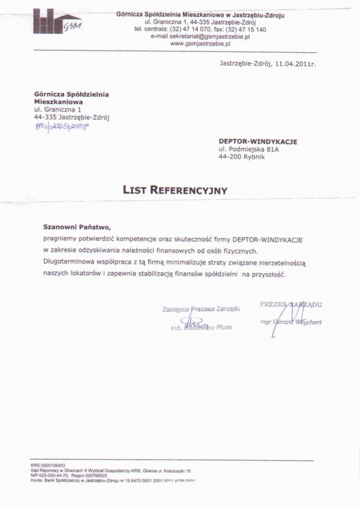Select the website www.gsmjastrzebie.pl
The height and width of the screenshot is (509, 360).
[200, 44]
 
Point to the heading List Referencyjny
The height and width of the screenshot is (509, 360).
[175, 190]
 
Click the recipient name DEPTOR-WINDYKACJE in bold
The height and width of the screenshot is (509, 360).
[258, 141]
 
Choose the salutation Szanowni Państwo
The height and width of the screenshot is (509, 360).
[76, 227]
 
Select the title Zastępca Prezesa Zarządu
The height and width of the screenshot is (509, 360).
[201, 309]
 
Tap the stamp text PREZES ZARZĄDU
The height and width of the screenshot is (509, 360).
[291, 304]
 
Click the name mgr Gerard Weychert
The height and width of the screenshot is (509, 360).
[291, 323]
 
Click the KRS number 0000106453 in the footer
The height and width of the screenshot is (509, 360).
[48, 465]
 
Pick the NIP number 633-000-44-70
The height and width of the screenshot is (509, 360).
[50, 475]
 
